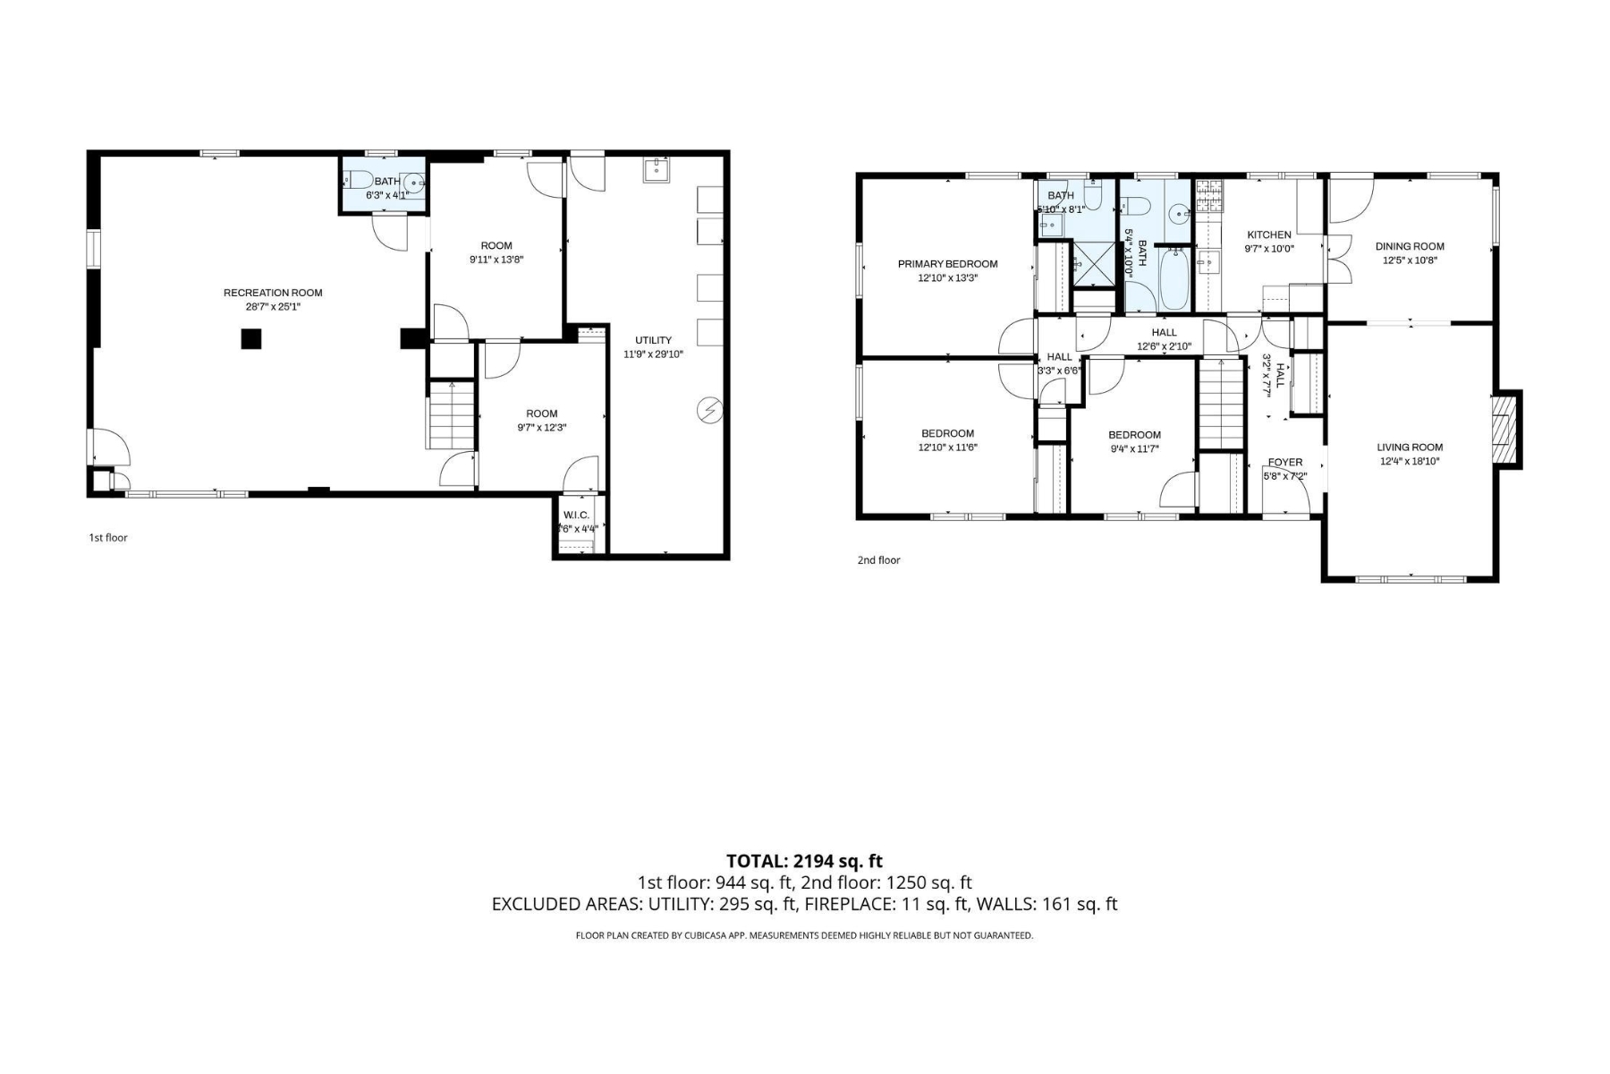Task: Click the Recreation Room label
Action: (273, 293)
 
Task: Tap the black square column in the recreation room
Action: (251, 338)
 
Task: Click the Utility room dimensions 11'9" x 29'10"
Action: (653, 354)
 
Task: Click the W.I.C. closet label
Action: (576, 515)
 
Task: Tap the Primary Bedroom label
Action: (947, 264)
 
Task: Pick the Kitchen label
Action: (1269, 235)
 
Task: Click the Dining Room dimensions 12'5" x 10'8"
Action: (1410, 260)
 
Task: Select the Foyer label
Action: (1285, 463)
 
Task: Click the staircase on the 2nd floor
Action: (1221, 403)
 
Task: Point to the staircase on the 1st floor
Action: (452, 415)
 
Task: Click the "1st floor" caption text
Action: (108, 538)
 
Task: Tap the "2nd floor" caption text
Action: (878, 560)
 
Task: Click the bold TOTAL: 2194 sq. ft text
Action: (804, 861)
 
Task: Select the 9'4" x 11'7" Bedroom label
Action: (1134, 435)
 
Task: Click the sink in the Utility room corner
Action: (657, 170)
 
